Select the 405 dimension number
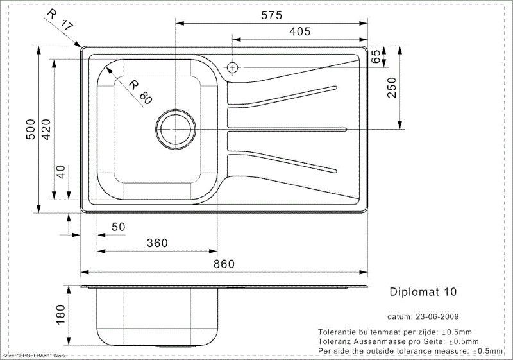(299, 31)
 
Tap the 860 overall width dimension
(223, 264)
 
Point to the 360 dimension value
(156, 243)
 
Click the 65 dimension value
(376, 56)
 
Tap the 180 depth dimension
(62, 315)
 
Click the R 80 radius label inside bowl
(140, 92)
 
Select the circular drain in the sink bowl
(175, 128)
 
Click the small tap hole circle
(231, 67)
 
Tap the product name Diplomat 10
(423, 291)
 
